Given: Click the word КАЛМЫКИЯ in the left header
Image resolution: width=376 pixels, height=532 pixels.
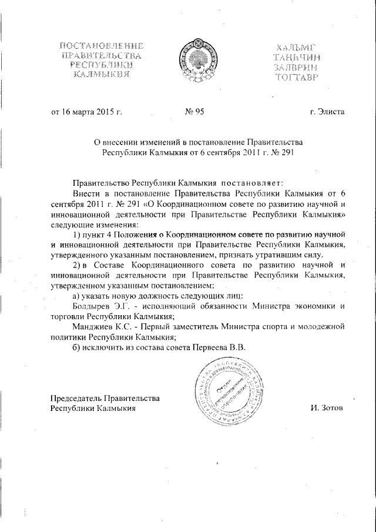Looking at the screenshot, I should pyautogui.click(x=102, y=75).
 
